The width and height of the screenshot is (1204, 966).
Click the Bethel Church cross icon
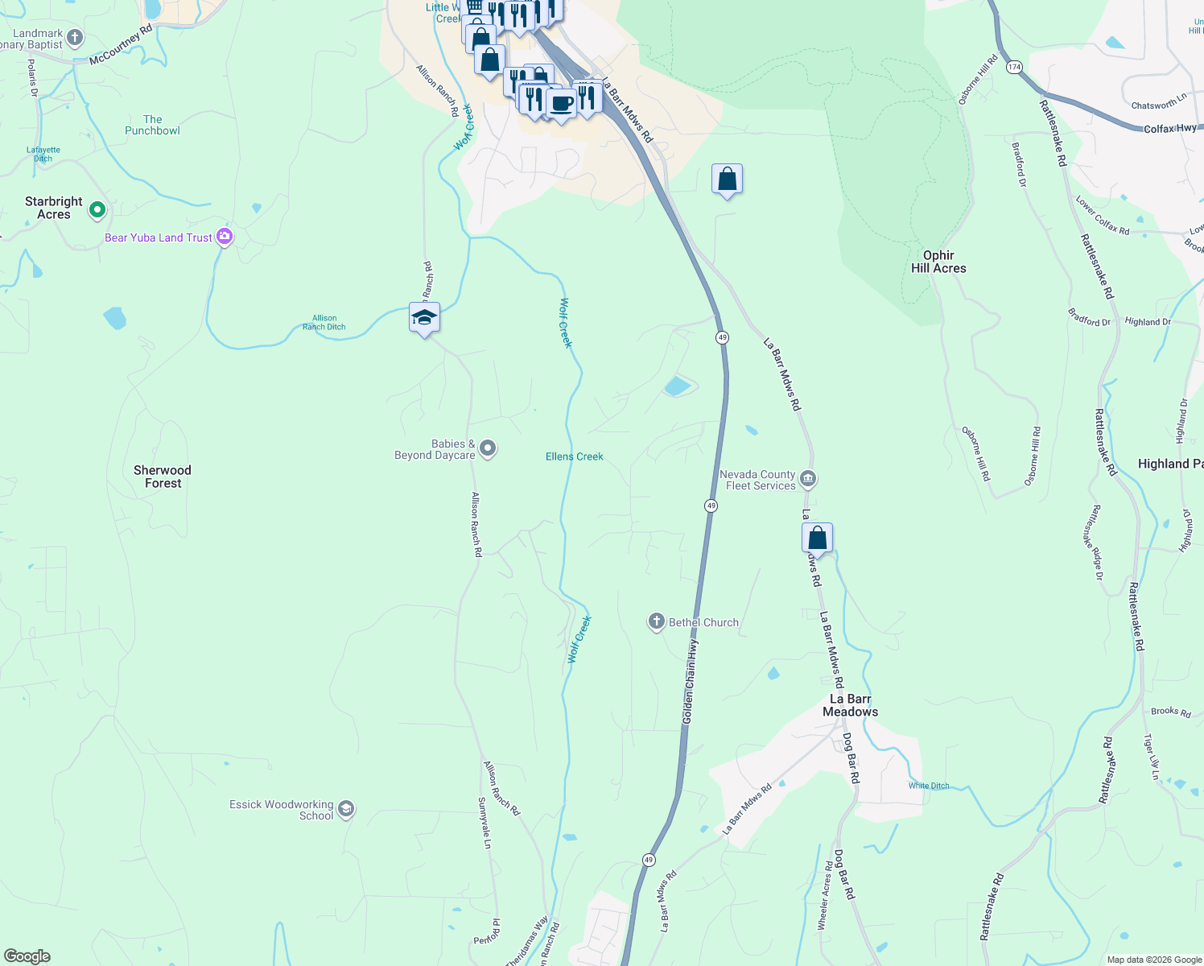point(657,621)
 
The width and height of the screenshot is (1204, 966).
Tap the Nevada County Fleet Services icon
point(809,480)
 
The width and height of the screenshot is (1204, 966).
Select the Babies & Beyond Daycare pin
point(488,448)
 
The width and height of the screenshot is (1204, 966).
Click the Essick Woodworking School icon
point(346,809)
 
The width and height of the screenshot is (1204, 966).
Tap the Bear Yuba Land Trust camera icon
point(225,237)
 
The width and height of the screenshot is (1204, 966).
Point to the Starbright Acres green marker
point(97,210)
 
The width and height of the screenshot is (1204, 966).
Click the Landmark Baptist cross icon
point(75,37)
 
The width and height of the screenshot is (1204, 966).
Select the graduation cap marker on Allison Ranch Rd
point(424,318)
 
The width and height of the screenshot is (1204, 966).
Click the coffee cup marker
point(561,103)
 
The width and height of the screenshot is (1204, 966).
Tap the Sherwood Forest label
point(163,477)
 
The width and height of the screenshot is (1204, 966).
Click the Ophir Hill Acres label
point(938,262)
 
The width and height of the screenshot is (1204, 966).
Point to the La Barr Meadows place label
point(850,705)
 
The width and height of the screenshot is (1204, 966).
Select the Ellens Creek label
point(574,456)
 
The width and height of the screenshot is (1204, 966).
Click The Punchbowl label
point(152,125)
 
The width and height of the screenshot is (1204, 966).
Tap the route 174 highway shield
point(1014,67)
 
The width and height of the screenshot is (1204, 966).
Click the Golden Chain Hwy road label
point(690,681)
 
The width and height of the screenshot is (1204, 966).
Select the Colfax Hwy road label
point(1169,129)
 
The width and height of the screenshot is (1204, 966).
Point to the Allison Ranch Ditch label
point(324,323)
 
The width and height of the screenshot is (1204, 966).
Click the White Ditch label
point(929,786)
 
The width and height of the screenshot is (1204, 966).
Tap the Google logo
point(27,956)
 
